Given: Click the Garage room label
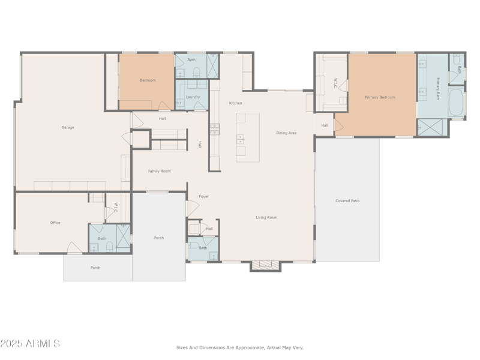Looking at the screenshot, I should coord(68,127).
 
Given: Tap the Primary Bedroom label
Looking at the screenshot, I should coord(380,97).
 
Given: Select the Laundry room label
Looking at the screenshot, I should coord(193,97).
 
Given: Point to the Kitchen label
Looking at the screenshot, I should coord(235,103).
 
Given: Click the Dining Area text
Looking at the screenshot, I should coord(286,133).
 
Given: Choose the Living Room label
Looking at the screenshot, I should coord(266,217).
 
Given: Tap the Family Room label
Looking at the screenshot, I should coord(160,171).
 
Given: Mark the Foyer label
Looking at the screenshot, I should coord(204,196).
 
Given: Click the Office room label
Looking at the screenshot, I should coord(55,223).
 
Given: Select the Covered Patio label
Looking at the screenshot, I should coord(347,200).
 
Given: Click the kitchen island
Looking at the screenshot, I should coord(247,137).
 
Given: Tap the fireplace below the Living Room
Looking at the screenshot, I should coord(265,265).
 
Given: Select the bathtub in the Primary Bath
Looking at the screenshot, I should coord(456,103).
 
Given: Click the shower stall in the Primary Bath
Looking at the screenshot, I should coord(432,127).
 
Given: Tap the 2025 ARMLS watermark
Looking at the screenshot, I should coord(30,344).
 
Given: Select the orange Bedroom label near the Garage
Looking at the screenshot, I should coord(148,80).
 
